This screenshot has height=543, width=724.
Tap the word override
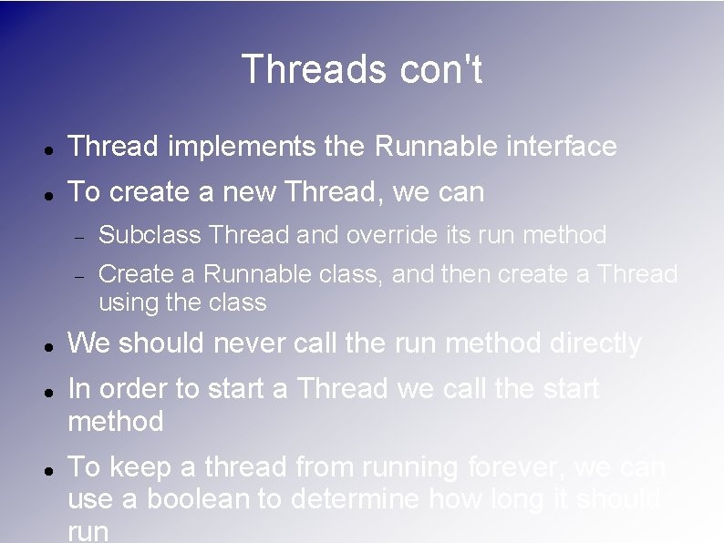pyautogui.click(x=392, y=235)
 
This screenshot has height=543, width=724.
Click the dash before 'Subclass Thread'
pyautogui.click(x=79, y=237)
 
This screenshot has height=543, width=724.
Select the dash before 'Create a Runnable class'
pyautogui.click(x=79, y=275)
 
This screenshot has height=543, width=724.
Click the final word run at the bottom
pyautogui.click(x=88, y=532)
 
